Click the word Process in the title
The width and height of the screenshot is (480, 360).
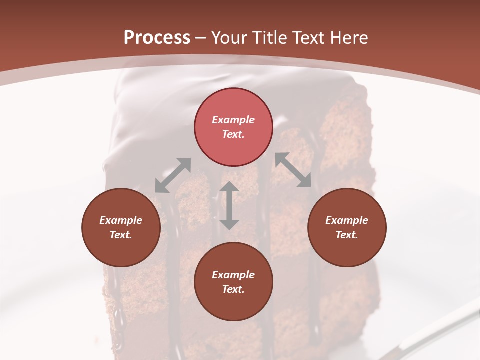157,38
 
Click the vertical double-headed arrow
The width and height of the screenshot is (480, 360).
229,205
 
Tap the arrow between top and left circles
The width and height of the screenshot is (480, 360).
173,175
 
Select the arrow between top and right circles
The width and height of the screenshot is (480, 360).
293,170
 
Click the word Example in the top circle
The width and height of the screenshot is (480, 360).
233,120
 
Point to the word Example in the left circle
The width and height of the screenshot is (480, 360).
121,220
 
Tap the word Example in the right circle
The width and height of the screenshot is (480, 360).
347,220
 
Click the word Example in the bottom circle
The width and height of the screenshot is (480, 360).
233,275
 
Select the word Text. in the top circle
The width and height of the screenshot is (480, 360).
233,134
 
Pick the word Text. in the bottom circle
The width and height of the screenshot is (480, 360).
233,289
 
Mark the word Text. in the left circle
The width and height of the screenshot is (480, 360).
121,235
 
